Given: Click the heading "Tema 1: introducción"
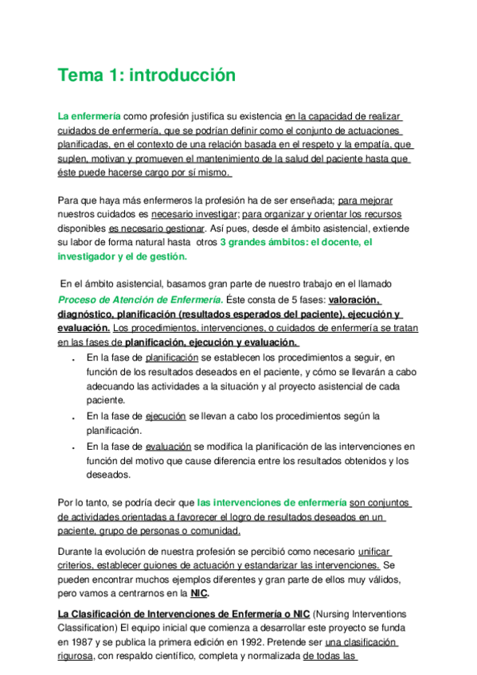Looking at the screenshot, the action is (x=147, y=76).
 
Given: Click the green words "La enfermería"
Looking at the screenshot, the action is (x=86, y=115).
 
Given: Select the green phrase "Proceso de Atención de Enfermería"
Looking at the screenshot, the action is (x=139, y=299).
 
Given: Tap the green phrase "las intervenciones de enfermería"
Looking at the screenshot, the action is (x=272, y=502).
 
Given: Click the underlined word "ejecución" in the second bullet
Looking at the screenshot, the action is (x=165, y=416).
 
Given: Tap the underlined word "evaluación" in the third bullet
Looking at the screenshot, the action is (x=168, y=446).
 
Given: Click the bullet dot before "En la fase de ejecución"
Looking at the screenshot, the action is (x=72, y=417).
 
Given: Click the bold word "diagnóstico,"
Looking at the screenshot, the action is (x=89, y=314).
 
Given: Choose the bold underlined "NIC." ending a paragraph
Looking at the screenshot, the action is (x=201, y=593).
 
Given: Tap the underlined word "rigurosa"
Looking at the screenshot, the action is (x=79, y=657).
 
